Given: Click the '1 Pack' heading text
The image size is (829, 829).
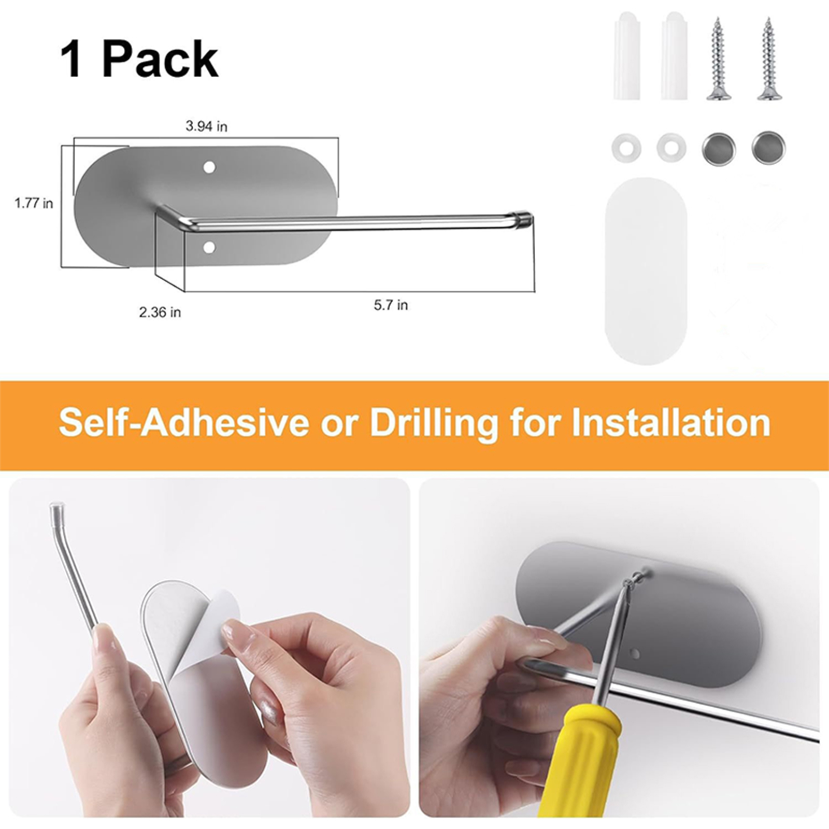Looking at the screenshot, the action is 139,60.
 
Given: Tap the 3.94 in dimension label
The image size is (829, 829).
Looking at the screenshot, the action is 207,126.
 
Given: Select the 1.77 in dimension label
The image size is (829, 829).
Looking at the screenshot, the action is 34,204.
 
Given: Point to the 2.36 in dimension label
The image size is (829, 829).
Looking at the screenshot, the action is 160,312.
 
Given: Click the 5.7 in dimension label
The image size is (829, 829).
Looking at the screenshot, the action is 391,305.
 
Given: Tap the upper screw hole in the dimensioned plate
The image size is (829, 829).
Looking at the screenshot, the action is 209,167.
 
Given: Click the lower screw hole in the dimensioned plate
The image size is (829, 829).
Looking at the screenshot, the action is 209,248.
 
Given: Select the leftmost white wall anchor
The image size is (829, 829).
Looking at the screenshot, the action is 626,56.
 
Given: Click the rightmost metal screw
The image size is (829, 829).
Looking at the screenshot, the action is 768,58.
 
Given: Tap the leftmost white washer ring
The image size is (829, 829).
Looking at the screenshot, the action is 626,148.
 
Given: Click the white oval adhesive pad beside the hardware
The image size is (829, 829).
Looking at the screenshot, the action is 646,271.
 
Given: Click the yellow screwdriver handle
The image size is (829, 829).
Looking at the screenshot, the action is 583,762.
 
